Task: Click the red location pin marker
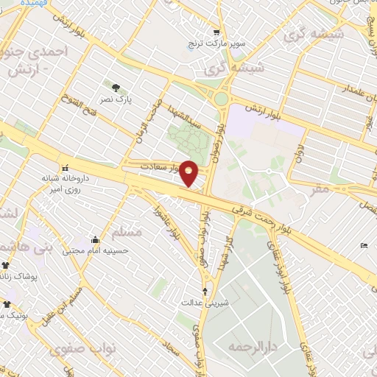(189, 173)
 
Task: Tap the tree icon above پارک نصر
(115, 89)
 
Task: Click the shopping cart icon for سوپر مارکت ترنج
(216, 32)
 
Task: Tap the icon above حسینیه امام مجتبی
(95, 239)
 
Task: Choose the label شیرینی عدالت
(205, 303)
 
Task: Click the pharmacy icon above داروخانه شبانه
(66, 167)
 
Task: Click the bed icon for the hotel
(364, 246)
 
